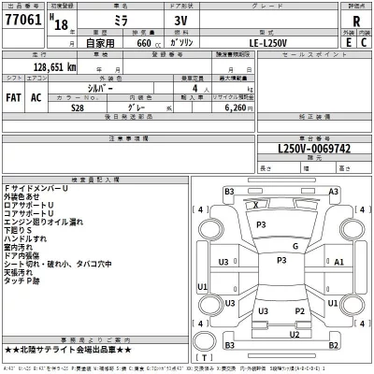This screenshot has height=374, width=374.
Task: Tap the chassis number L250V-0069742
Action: (x=300, y=148)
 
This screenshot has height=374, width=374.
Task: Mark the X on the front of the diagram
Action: (x=257, y=204)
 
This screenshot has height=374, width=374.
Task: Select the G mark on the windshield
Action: (x=295, y=246)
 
